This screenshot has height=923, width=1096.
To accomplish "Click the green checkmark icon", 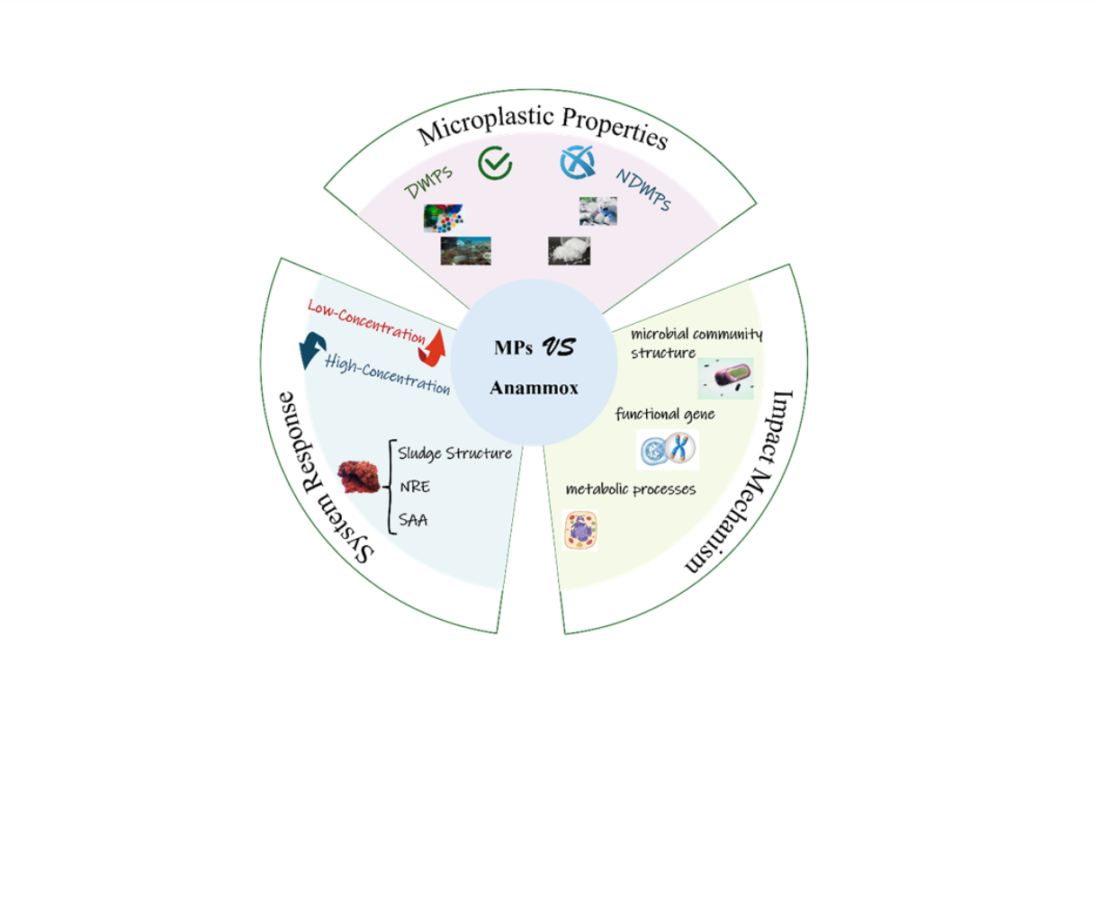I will point(495,164).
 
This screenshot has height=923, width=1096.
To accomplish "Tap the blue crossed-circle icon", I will point(577,163).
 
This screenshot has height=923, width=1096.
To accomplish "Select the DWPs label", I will point(429,182).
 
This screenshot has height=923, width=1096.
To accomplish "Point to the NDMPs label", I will point(643,190).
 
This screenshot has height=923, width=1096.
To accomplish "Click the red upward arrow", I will point(433,347).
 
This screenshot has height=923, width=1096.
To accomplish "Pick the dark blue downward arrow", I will point(312,349).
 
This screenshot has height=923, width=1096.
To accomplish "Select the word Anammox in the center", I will point(534,389).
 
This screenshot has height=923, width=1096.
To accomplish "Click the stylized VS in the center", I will point(559,347).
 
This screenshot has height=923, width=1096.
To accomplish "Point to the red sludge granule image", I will point(359,477).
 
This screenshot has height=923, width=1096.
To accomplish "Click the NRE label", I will point(415,487).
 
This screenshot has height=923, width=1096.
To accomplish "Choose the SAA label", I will point(413,520).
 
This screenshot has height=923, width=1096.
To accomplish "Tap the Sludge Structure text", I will point(455,453).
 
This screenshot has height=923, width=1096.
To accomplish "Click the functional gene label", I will point(665,414).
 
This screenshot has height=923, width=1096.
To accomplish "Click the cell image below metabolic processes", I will point(580,530).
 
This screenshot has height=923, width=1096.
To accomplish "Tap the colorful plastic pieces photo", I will point(444,218).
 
